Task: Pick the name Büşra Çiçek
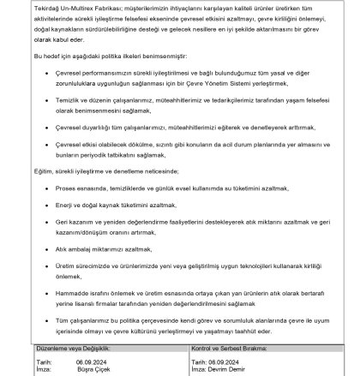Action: point(92,369)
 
